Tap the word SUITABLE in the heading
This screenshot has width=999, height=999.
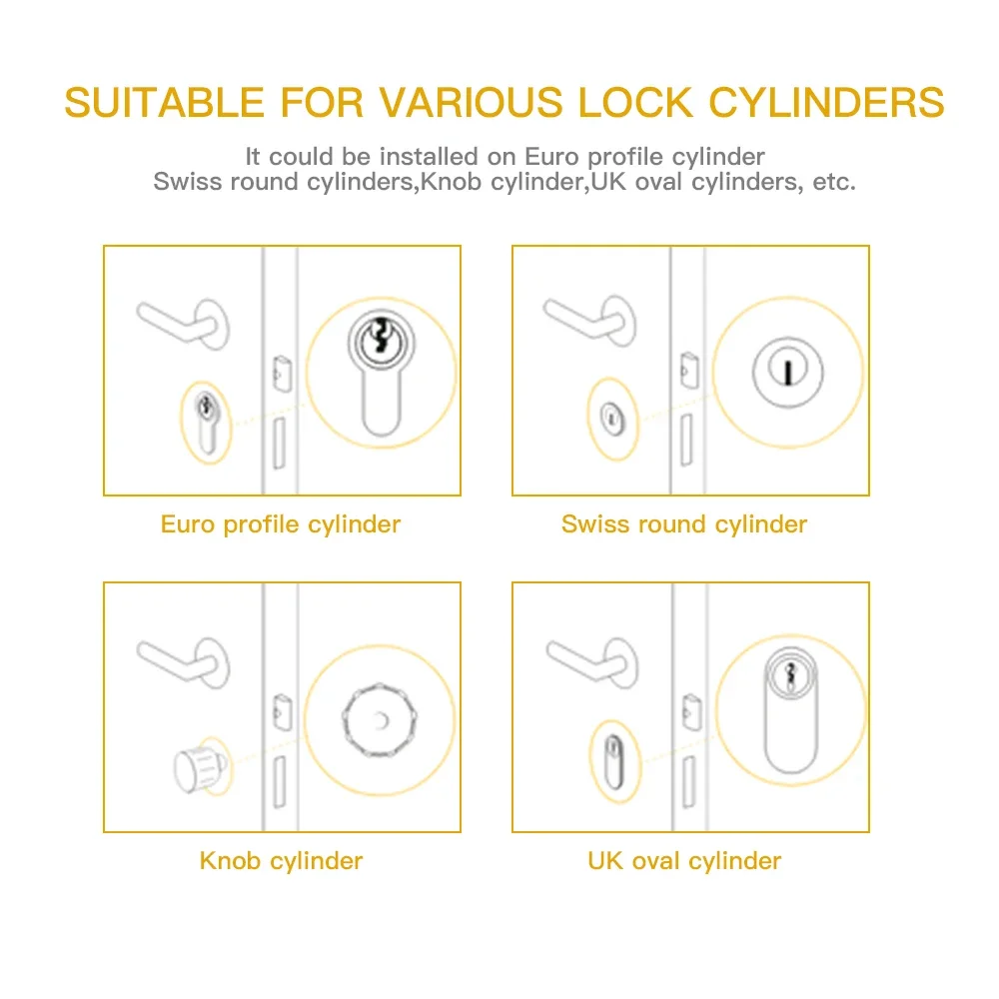[x=165, y=103]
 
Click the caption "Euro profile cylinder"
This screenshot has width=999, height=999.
[x=281, y=524]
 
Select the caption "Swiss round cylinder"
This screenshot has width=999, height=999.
[x=684, y=524]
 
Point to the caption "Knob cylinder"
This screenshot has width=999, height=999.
[x=281, y=860]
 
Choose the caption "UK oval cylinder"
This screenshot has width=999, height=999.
[x=684, y=860]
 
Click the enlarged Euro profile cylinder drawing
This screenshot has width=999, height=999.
[x=381, y=375]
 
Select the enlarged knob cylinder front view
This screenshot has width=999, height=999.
[x=379, y=720]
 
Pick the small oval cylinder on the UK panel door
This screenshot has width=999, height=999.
[x=611, y=759]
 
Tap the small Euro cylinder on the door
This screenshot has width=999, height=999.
[x=206, y=422]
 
